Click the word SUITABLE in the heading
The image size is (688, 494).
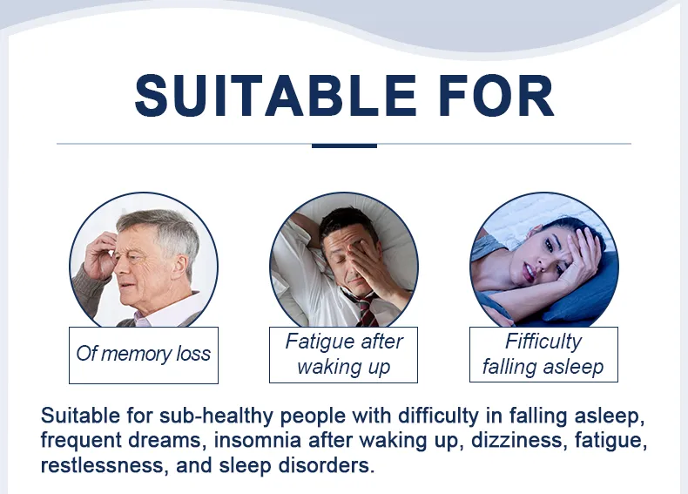tap(262, 96)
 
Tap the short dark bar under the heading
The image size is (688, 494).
tap(343, 145)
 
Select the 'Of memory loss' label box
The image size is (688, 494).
tap(144, 355)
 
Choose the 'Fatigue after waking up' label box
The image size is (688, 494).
tap(344, 354)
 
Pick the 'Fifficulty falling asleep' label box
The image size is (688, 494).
tap(543, 354)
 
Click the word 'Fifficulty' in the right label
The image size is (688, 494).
tap(543, 342)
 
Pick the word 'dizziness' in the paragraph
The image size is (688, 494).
tap(509, 440)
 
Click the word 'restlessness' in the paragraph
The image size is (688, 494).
tap(95, 464)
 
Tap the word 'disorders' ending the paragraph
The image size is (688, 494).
tap(331, 464)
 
